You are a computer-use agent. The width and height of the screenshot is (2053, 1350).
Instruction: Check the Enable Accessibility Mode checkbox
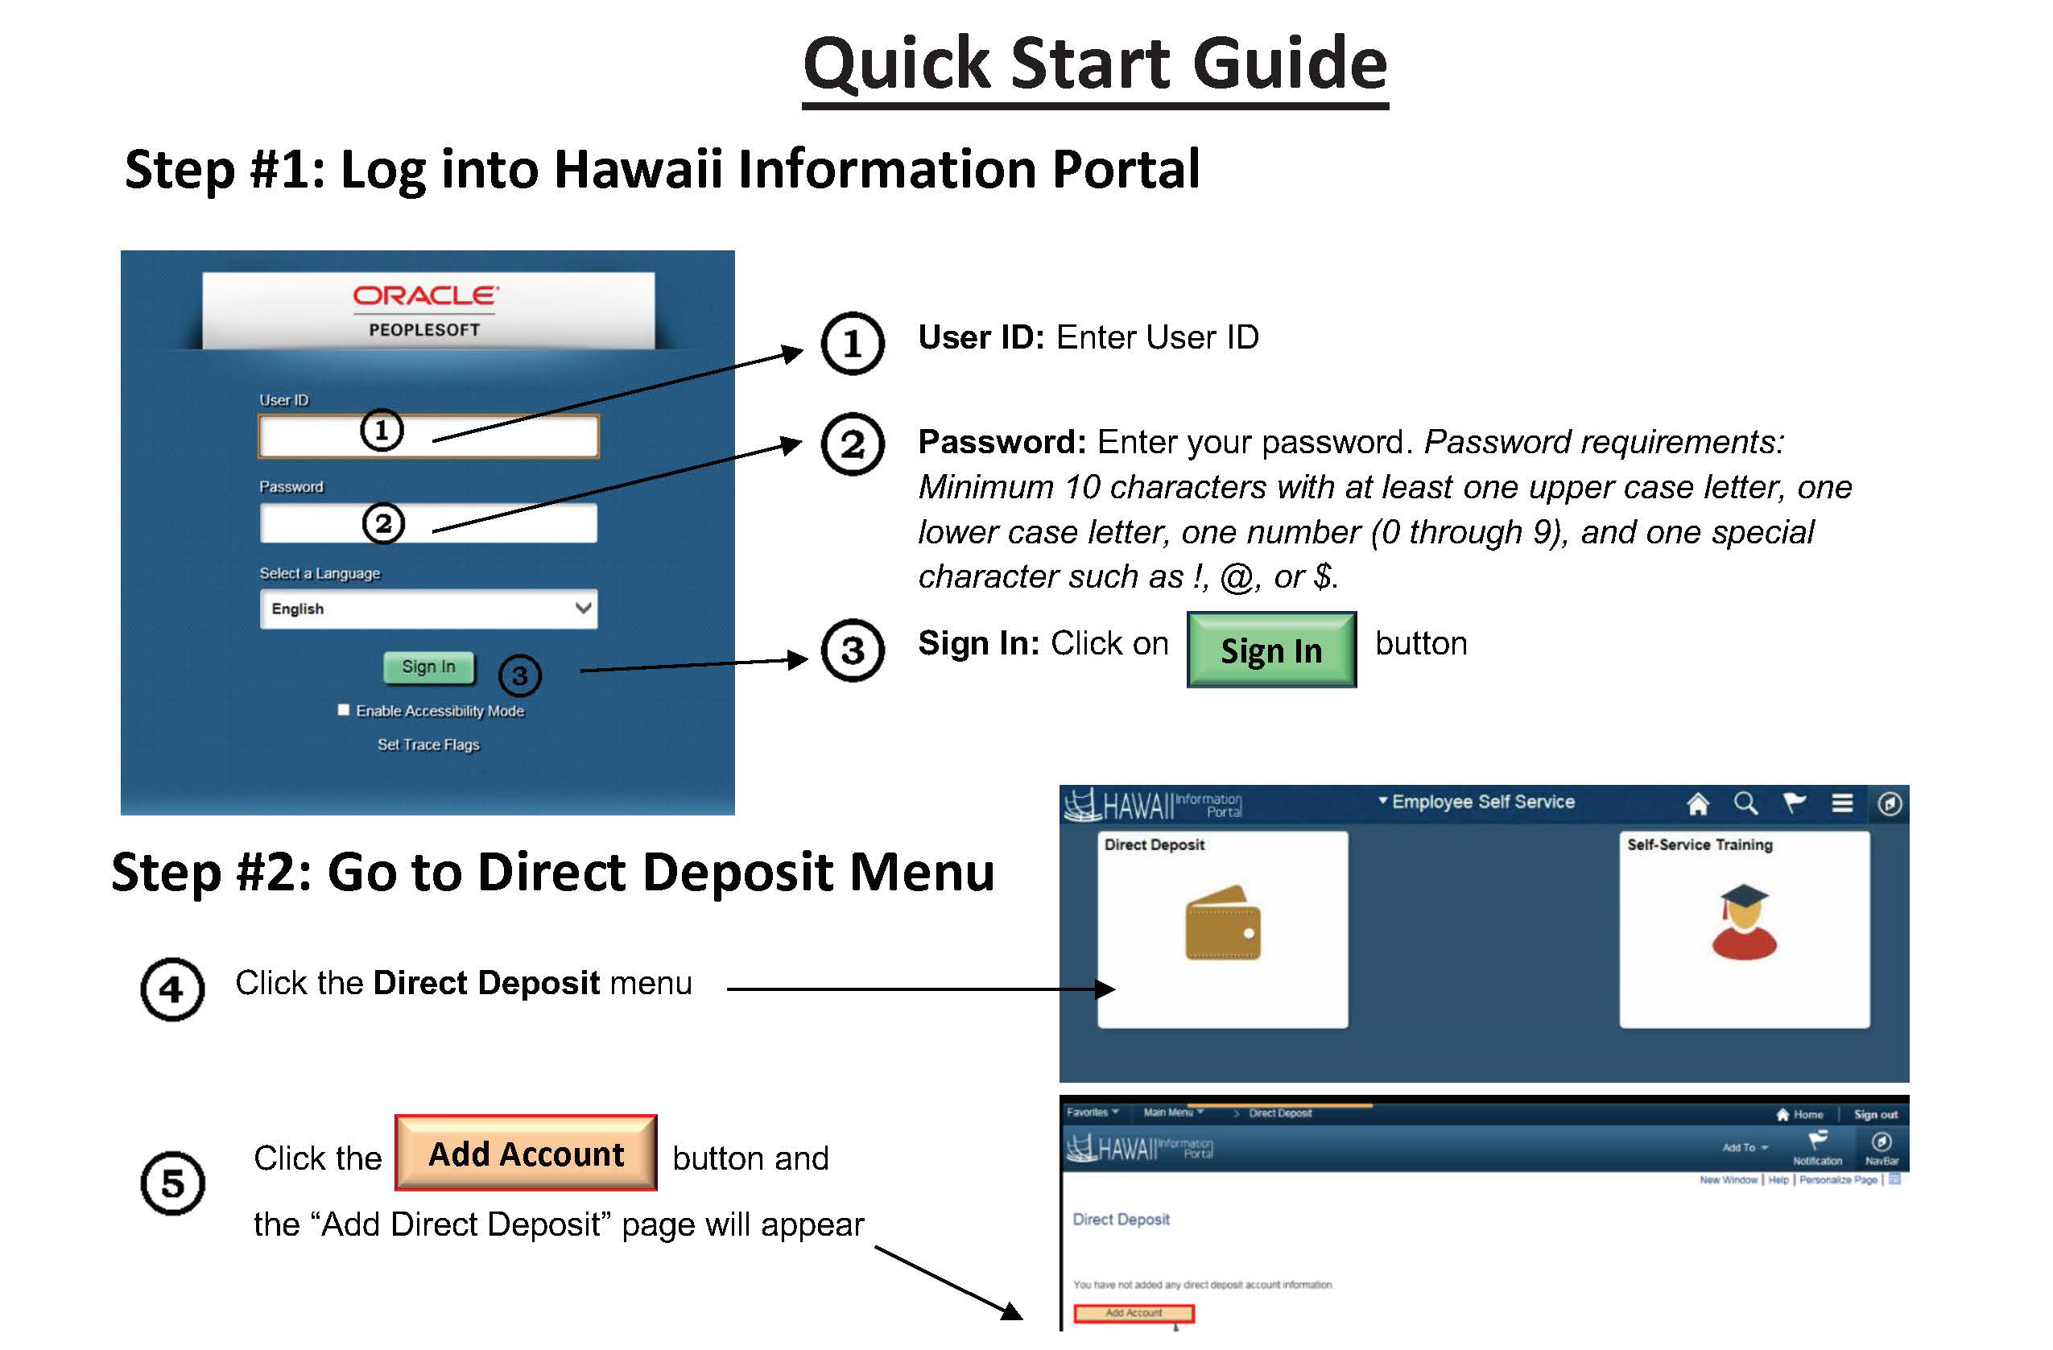(x=343, y=711)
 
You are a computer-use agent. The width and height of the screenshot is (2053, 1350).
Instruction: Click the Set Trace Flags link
(x=428, y=745)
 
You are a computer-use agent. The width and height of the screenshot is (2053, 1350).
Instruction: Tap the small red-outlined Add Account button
(x=1134, y=1314)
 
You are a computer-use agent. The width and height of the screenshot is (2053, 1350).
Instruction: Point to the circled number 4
(x=172, y=990)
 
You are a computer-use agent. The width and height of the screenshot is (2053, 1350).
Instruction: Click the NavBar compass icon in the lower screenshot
(x=1882, y=1143)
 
